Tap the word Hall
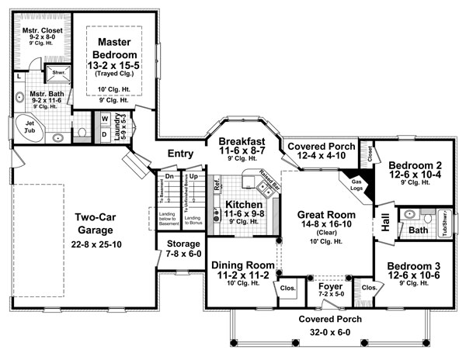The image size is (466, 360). [x=385, y=218]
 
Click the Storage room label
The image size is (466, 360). [x=184, y=244]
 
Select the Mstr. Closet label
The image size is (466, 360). [x=39, y=32]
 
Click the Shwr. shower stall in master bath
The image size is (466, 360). [x=55, y=74]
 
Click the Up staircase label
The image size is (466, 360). [x=193, y=177]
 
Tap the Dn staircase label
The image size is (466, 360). [x=168, y=177]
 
